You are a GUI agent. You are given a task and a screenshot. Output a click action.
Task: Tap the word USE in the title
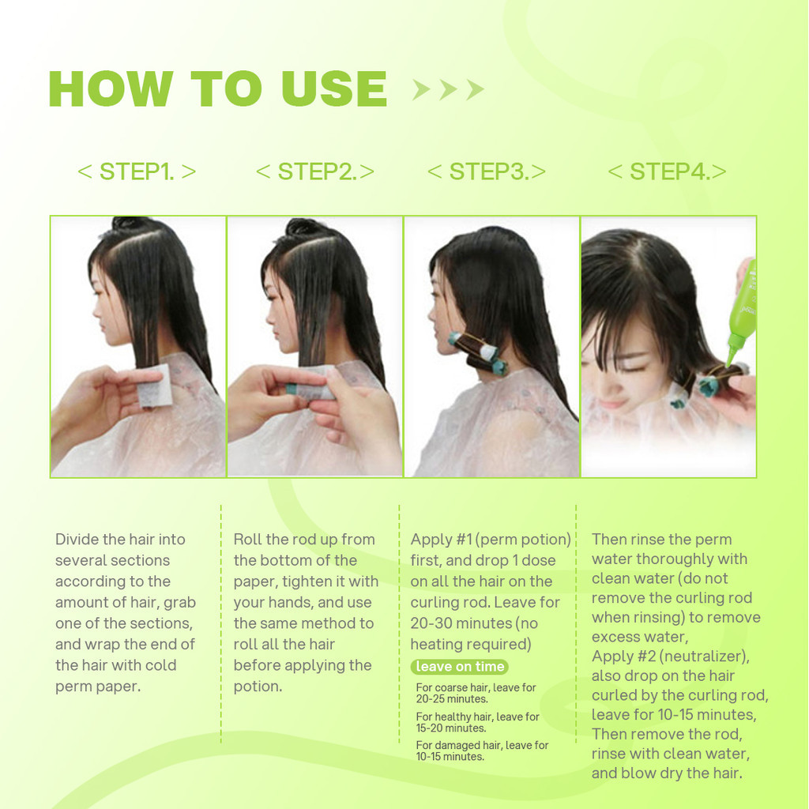[x=334, y=88]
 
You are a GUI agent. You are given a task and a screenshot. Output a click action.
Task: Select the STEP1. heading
[x=137, y=171]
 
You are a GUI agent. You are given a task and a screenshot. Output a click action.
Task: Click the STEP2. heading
[x=315, y=171]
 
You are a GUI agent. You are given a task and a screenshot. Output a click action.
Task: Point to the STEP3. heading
[x=487, y=171]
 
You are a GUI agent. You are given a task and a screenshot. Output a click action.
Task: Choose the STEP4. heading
[x=667, y=171]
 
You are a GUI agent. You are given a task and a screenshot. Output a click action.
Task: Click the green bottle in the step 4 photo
[x=742, y=310]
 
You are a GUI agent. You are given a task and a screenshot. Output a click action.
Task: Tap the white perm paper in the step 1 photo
[x=154, y=386]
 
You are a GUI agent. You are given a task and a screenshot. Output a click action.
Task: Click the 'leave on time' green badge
[x=460, y=667]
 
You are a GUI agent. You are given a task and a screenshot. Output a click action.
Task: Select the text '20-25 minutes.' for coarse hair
[x=452, y=699]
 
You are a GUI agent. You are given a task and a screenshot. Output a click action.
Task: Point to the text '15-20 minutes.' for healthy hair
[x=451, y=728]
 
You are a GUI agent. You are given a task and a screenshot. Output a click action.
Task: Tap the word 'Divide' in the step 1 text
[x=77, y=539]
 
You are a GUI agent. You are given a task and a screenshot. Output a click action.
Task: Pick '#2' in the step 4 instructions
[x=646, y=657]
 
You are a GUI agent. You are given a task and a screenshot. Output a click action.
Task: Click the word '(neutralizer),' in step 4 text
[x=705, y=657]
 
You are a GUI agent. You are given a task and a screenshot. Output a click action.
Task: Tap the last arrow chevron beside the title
[x=475, y=90]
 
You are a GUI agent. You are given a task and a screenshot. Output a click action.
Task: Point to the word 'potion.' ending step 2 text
[x=258, y=687]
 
